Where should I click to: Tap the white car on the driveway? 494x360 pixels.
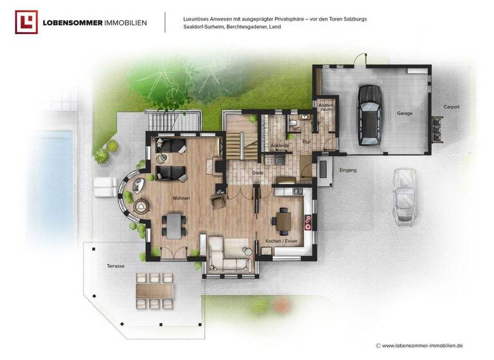tap(403, 195)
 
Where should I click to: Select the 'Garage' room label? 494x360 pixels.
tap(405, 113)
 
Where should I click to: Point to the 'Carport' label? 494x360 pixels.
tap(451, 107)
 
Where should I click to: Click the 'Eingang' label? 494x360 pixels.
tap(347, 170)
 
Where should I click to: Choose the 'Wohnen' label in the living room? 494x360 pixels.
tap(181, 198)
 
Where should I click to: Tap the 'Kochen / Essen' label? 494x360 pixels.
tap(280, 241)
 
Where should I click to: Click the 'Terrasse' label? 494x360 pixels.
tap(116, 265)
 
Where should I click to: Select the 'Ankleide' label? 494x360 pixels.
tap(279, 146)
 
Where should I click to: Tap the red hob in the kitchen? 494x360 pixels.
tap(308, 222)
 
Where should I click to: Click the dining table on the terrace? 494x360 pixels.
tap(154, 291)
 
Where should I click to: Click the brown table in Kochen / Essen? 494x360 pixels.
tap(283, 221)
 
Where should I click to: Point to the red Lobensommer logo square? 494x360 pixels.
tap(26, 22)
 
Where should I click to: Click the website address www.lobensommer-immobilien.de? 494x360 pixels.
tap(427, 345)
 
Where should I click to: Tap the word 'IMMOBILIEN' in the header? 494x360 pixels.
tap(125, 22)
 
